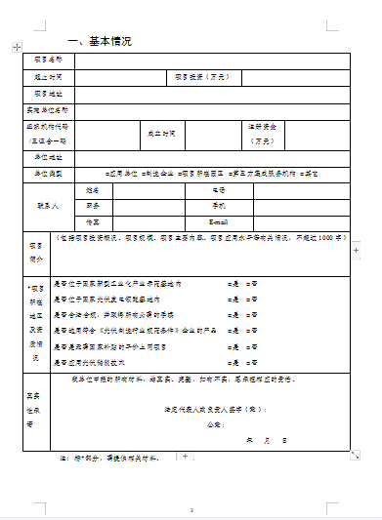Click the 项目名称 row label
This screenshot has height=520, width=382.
48,60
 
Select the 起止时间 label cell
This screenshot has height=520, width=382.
48,76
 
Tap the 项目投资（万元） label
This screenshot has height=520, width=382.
202,76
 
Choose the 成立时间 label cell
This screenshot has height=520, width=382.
161,133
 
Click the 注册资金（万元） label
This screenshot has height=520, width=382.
263,134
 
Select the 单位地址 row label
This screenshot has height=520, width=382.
48,156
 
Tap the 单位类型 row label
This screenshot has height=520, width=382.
48,173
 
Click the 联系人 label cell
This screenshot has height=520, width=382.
48,207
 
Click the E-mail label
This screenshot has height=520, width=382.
218,222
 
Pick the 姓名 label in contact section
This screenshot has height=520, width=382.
94,189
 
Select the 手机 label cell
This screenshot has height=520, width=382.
218,206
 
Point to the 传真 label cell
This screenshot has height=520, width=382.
94,222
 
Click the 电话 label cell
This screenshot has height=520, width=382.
218,189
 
